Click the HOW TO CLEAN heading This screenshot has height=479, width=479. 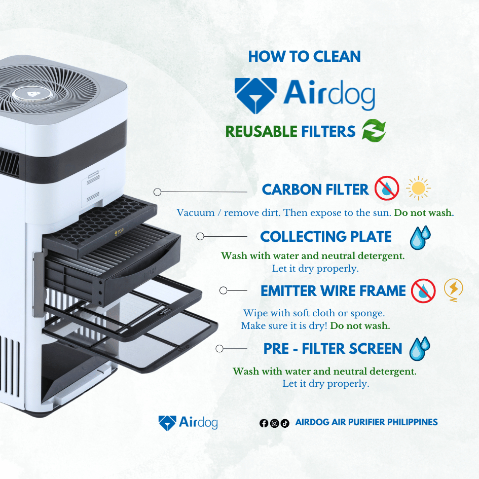(304, 56)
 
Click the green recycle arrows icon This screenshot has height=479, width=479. (374, 130)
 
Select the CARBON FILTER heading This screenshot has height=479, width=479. (315, 190)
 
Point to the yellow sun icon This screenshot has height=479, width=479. (418, 188)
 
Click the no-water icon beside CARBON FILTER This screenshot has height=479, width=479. (387, 188)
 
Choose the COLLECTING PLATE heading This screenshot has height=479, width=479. (325, 236)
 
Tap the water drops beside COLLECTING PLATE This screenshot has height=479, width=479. (420, 238)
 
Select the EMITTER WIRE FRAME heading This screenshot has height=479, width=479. (333, 291)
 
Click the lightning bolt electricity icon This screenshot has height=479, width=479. (453, 290)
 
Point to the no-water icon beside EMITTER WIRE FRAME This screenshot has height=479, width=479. (423, 291)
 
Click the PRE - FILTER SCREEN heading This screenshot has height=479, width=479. (333, 349)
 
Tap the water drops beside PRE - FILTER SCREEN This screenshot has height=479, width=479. (420, 349)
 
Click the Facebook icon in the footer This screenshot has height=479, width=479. (264, 423)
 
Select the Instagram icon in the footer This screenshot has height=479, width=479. (274, 423)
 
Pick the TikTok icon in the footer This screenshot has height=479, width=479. (285, 423)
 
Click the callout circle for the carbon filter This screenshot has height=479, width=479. (157, 192)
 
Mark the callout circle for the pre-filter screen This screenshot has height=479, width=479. (219, 349)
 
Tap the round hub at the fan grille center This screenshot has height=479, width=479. (32, 94)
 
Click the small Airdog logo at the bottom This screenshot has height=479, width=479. (188, 423)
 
